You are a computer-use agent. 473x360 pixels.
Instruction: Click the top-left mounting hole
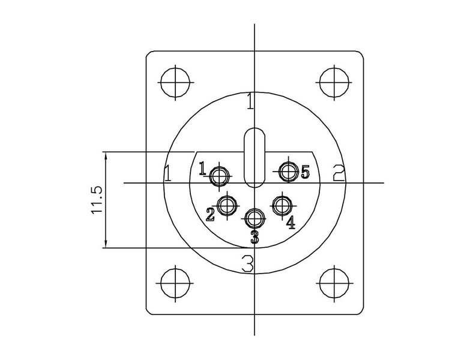click(175, 82)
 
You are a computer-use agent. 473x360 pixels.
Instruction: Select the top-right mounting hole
click(334, 82)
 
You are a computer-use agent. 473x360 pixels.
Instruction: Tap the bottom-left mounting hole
click(175, 283)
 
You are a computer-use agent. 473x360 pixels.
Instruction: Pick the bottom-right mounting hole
click(334, 283)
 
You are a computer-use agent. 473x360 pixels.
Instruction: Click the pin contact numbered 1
click(219, 176)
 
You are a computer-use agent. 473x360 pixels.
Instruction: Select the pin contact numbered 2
click(227, 206)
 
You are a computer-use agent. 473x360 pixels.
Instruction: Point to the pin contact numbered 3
click(255, 218)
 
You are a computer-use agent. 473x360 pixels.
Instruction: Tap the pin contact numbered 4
click(282, 205)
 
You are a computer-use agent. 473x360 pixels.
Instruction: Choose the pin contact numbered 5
click(289, 171)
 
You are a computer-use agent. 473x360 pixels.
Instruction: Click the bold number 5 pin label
click(306, 172)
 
